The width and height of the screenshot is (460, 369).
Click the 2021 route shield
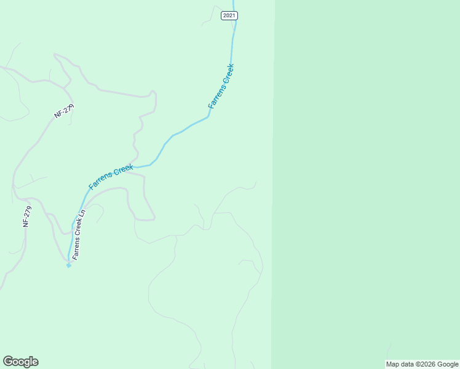coord(229,15)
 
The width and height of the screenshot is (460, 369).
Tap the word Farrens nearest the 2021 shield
coord(216,98)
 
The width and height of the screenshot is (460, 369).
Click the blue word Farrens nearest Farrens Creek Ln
coord(100,180)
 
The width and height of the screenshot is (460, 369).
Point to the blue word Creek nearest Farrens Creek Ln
coord(122,169)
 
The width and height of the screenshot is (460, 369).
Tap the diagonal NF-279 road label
coord(64,111)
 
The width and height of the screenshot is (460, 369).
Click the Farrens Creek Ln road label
coord(77,234)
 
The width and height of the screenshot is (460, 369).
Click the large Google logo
coord(20,362)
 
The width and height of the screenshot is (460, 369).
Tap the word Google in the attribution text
coord(448,364)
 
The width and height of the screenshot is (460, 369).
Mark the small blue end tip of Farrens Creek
coord(68,265)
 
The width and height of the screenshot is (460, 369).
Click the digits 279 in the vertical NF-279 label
coord(26,212)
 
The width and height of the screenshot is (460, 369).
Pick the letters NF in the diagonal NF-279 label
coord(58,116)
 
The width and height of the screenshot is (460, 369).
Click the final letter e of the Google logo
coord(35,362)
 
